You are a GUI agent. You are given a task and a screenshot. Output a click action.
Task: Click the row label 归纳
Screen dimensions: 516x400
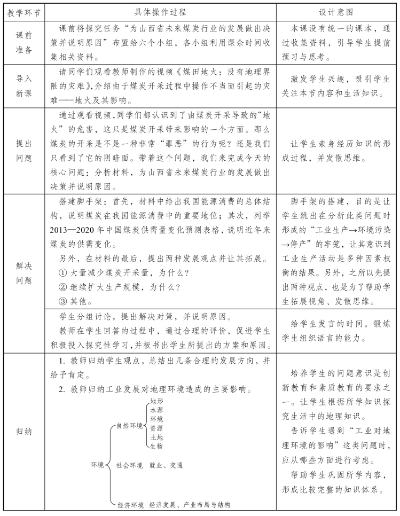click(x=23, y=431)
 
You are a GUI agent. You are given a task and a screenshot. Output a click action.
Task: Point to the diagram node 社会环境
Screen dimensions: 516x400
click(x=129, y=465)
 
